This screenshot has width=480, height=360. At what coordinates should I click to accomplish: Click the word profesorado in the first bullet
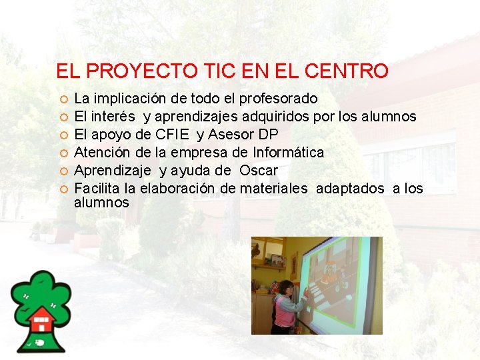pyautogui.click(x=279, y=99)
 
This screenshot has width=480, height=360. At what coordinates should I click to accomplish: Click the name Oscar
pyautogui.click(x=258, y=171)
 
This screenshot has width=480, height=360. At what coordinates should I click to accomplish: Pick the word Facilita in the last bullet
pyautogui.click(x=97, y=189)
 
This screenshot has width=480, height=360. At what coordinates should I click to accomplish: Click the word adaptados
pyautogui.click(x=350, y=189)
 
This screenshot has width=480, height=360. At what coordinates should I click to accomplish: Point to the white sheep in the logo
pyautogui.click(x=41, y=342)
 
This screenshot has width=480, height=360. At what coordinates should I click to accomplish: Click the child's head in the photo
pyautogui.click(x=284, y=288)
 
